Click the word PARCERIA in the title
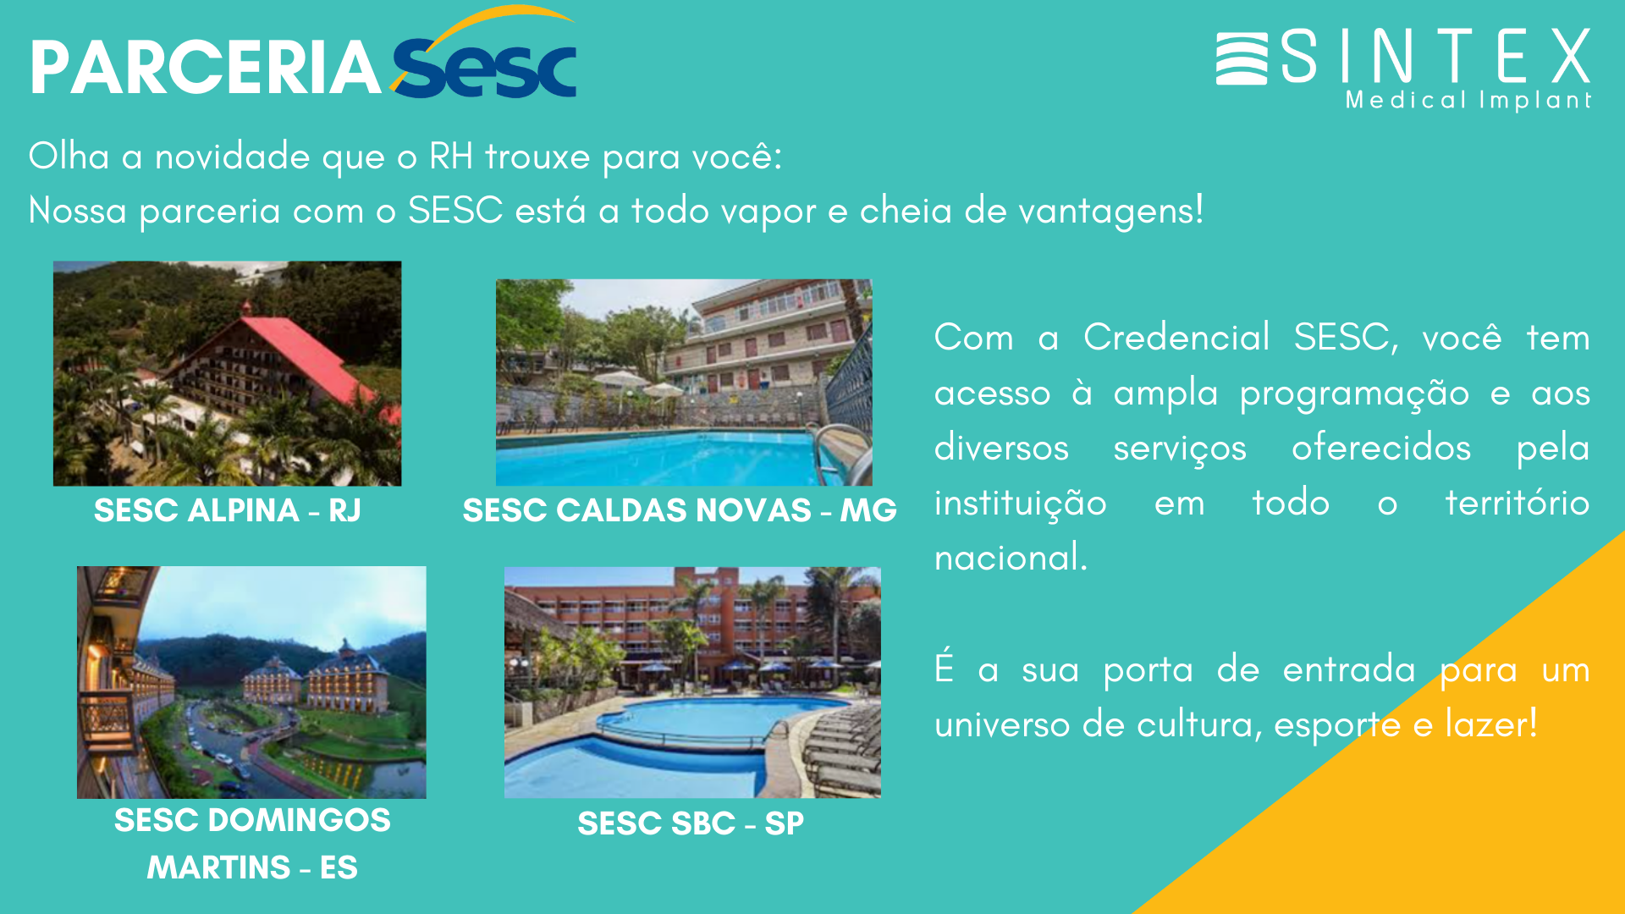[x=206, y=68]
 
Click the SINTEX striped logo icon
[x=1241, y=58]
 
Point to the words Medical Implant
[x=1468, y=101]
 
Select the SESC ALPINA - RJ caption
[x=227, y=510]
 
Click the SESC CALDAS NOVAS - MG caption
[x=679, y=510]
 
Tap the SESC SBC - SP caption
[x=691, y=823]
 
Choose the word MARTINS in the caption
[x=218, y=867]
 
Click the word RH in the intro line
[x=450, y=157]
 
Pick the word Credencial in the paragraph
[x=1176, y=338]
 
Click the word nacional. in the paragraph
[x=1011, y=558]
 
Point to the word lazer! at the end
[x=1490, y=724]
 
